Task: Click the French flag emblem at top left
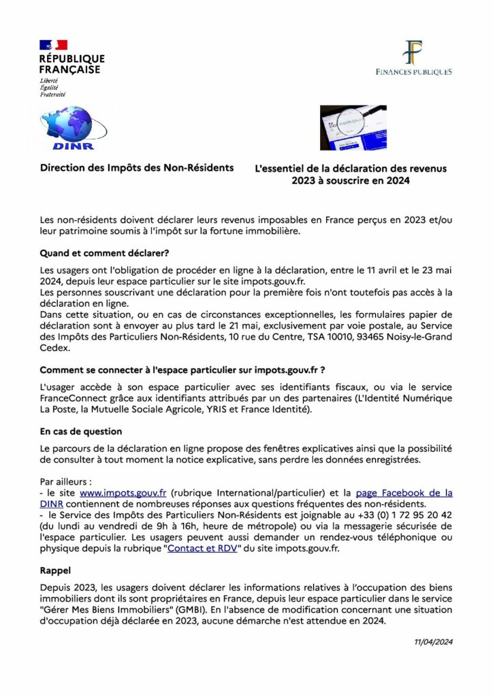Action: [53, 45]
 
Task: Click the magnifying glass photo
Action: [353, 127]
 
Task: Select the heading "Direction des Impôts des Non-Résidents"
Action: [136, 167]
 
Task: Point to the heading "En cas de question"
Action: [81, 431]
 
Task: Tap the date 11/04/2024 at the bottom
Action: [434, 641]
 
